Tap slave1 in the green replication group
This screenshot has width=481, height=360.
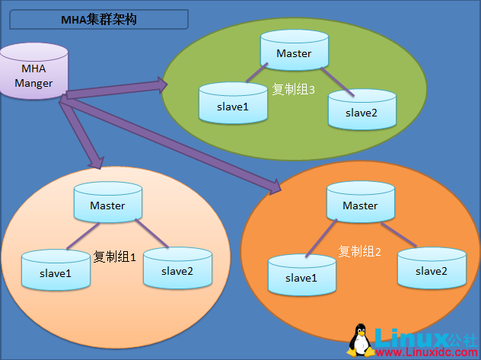(233, 105)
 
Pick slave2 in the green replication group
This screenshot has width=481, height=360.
(362, 110)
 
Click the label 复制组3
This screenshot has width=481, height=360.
(294, 89)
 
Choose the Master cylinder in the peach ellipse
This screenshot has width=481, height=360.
(107, 205)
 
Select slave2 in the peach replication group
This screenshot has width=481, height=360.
(177, 269)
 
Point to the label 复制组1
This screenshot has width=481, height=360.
(114, 257)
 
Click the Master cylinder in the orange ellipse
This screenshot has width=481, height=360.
(360, 205)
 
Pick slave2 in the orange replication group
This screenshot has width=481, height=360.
(431, 269)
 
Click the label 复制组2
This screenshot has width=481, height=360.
(359, 251)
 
